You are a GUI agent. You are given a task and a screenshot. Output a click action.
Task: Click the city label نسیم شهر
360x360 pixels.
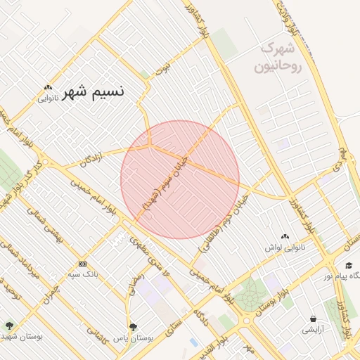(x=94, y=91)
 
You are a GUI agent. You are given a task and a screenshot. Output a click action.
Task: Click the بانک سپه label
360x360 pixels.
(x=83, y=274)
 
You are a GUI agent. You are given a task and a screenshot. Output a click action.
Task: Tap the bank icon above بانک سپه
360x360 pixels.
(x=83, y=264)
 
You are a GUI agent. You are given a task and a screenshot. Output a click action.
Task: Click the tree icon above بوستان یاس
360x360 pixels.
(x=133, y=326)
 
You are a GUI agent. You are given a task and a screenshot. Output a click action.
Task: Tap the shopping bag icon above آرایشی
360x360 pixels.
(x=313, y=318)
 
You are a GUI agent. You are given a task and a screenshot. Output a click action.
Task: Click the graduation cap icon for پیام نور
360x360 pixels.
(x=349, y=265)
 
